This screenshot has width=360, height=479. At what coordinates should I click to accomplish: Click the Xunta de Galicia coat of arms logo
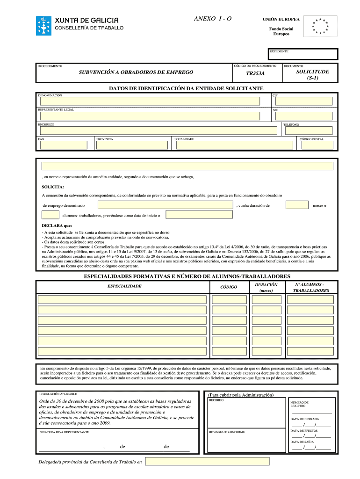point(44,25)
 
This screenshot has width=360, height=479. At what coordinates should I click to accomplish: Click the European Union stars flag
point(320,27)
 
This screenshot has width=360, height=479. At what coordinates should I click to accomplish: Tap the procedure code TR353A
point(256,73)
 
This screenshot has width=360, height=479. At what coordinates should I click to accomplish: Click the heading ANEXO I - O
point(213,18)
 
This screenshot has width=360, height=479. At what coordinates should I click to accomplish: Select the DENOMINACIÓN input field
point(150,101)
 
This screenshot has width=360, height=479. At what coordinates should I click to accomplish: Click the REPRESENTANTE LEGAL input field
point(150,116)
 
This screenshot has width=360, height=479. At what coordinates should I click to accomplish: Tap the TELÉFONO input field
point(307,130)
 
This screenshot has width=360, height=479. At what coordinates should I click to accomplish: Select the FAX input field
point(64,145)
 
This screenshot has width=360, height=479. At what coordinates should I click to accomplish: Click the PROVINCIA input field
point(132,145)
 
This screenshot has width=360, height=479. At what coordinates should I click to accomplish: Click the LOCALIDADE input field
point(234,145)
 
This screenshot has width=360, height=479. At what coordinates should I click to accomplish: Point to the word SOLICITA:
point(53,187)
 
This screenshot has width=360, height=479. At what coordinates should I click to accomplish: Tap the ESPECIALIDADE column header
point(124,286)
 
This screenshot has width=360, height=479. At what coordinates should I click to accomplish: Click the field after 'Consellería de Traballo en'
point(207,461)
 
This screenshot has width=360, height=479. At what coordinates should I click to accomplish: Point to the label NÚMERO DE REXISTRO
point(300,404)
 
